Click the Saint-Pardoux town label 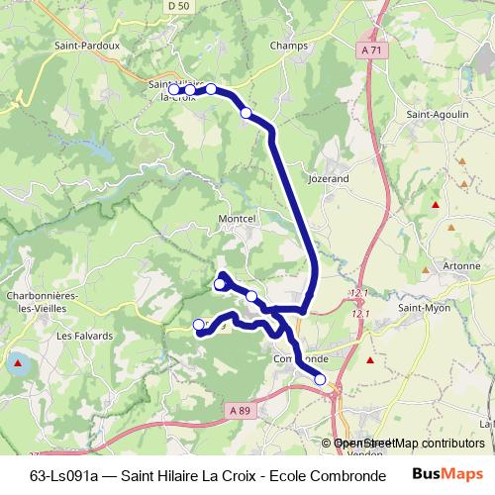[87, 45]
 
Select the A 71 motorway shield [371, 49]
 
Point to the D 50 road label [177, 6]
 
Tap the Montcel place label [237, 218]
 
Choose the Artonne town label [436, 267]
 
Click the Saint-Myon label [424, 308]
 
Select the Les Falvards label [79, 336]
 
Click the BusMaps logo [446, 474]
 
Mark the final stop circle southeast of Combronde [320, 379]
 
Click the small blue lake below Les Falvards [17, 362]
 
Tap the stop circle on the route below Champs [246, 113]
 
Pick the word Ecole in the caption [301, 475]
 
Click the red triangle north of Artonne [434, 205]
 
